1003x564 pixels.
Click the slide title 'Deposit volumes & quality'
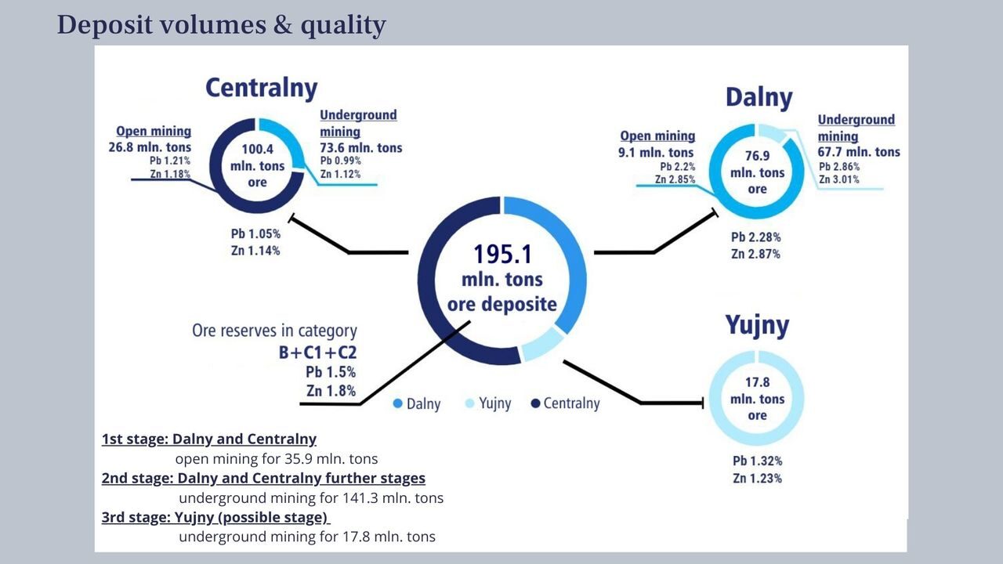click(x=221, y=25)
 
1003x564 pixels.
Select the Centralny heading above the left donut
click(x=262, y=89)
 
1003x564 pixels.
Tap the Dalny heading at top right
click(x=759, y=98)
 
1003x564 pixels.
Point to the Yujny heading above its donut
click(x=757, y=325)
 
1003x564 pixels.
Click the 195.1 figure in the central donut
click(x=502, y=255)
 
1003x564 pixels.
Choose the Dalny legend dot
click(x=397, y=403)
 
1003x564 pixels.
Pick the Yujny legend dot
click(x=469, y=403)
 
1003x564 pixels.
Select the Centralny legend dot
click(x=535, y=403)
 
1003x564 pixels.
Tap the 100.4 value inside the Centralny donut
click(x=258, y=149)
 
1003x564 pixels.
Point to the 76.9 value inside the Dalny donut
click(x=757, y=156)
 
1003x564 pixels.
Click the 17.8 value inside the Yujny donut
click(x=757, y=382)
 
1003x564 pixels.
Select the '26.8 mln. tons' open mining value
click(x=150, y=147)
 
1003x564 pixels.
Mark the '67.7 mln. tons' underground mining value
click(x=859, y=152)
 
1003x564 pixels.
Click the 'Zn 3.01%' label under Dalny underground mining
click(x=839, y=179)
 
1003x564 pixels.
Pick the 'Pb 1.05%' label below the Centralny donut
click(x=255, y=233)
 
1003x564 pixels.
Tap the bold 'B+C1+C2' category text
click(x=317, y=352)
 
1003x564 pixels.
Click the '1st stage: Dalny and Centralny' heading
click(x=209, y=439)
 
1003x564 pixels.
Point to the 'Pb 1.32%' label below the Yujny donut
click(x=757, y=461)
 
